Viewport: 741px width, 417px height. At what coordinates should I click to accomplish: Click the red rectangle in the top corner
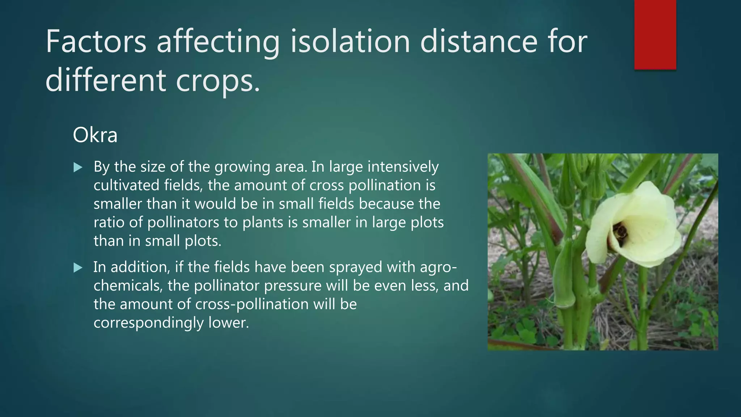655,34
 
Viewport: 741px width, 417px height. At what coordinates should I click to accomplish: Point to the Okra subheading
95,135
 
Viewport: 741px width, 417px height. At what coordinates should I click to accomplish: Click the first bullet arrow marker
78,167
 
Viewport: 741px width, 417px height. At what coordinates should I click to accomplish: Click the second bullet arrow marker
78,268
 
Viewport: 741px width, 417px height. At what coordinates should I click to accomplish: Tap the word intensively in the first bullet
403,167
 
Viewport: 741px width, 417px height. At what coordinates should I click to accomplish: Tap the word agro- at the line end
438,268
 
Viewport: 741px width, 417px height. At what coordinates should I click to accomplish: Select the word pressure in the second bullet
292,286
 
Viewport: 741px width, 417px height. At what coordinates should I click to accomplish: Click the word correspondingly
148,323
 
